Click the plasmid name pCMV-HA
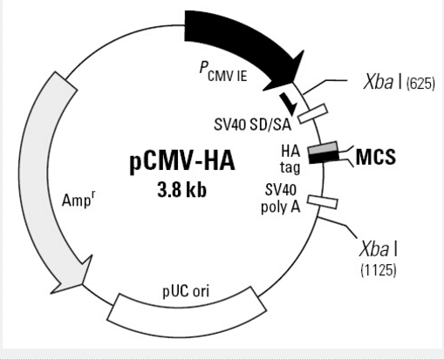click(x=182, y=161)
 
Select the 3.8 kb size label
click(x=182, y=190)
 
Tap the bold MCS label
click(x=376, y=157)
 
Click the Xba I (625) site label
click(x=399, y=82)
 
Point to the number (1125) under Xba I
click(x=379, y=270)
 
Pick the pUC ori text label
click(x=186, y=291)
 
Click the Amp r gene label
click(x=79, y=200)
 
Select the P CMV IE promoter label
click(x=223, y=71)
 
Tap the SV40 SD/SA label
click(x=252, y=125)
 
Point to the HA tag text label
click(x=290, y=160)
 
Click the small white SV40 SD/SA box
click(x=313, y=113)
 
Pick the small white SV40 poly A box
click(x=323, y=202)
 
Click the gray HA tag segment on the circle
click(x=323, y=148)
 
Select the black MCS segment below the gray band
click(x=324, y=158)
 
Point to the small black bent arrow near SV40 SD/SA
click(x=289, y=104)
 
